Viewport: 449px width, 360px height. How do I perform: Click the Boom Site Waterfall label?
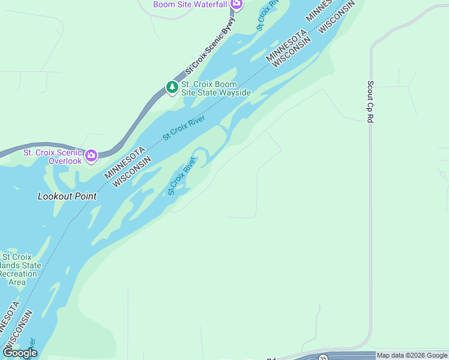(190, 4)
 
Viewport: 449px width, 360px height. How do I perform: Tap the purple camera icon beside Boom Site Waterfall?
(237, 4)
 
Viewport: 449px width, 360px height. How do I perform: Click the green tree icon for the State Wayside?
(172, 88)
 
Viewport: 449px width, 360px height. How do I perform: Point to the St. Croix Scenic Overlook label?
(52, 157)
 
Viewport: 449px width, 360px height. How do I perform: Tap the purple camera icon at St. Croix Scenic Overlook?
(91, 156)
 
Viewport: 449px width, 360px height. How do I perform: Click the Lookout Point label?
(67, 196)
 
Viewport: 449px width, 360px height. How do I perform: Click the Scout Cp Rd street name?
(370, 102)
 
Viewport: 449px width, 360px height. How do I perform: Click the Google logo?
(20, 353)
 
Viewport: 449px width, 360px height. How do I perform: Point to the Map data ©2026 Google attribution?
(412, 355)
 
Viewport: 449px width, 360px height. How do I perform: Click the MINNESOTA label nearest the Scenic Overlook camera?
(125, 163)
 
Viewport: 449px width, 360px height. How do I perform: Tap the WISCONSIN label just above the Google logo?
(18, 329)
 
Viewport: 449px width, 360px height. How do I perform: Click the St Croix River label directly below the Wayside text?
(184, 128)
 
